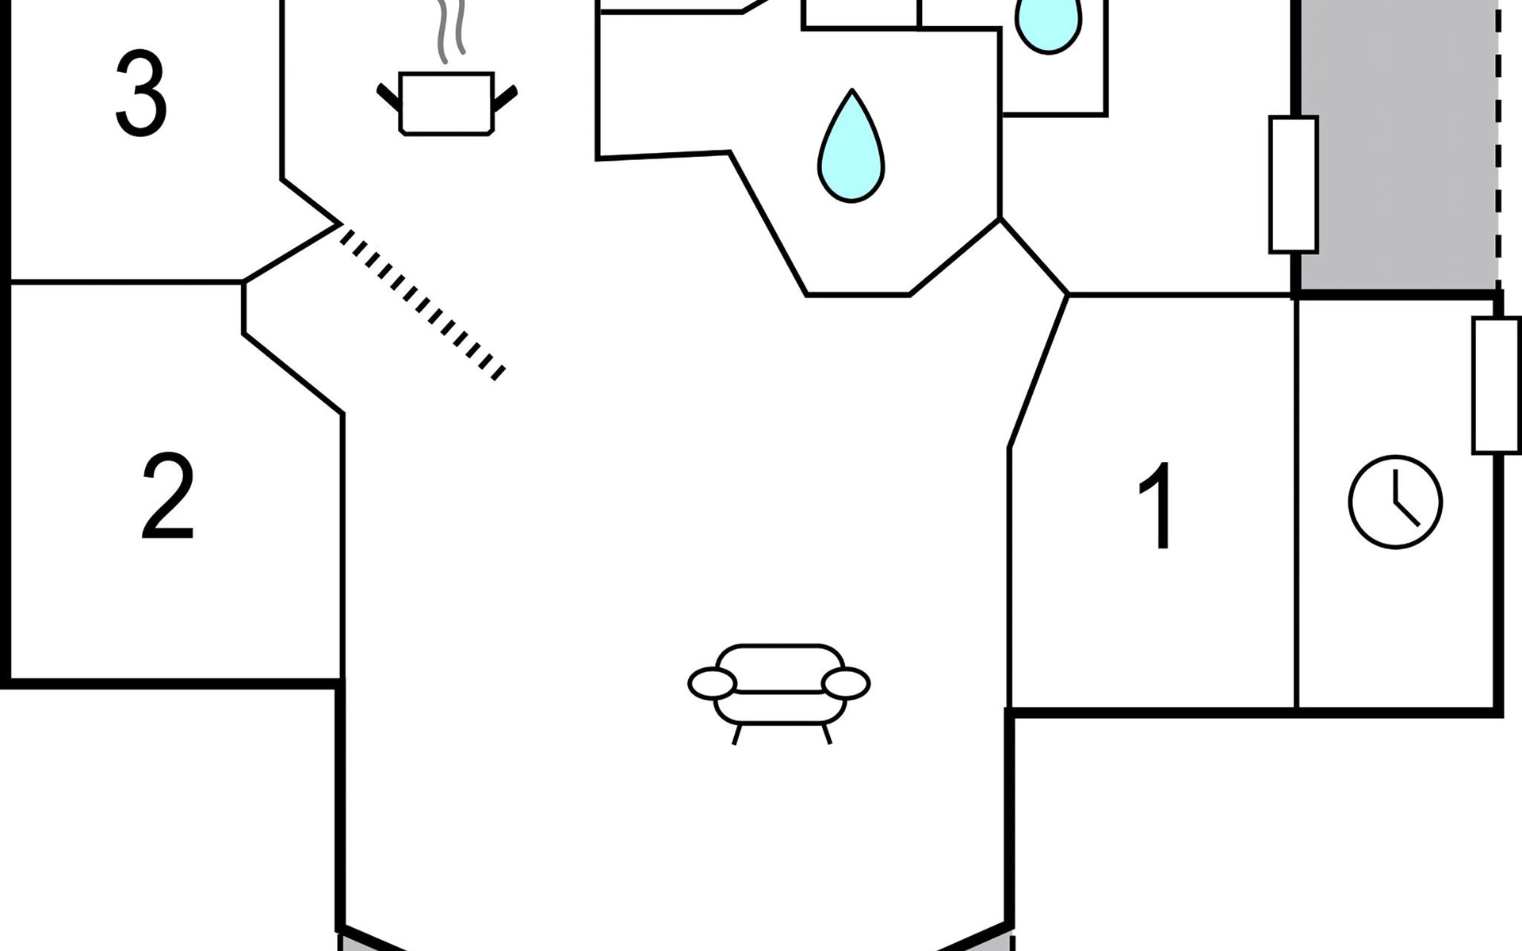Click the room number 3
point(141,94)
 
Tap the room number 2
point(167,497)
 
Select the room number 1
point(1158,505)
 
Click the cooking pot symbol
point(446,104)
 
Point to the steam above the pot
point(449,32)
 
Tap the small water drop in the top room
point(1048,24)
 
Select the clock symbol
point(1395,502)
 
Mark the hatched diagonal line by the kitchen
point(423,301)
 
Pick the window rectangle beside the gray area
point(1294,185)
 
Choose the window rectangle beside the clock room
point(1497,385)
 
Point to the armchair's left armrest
point(712,684)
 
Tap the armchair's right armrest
point(846,684)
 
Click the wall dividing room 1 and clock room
point(1296,502)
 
